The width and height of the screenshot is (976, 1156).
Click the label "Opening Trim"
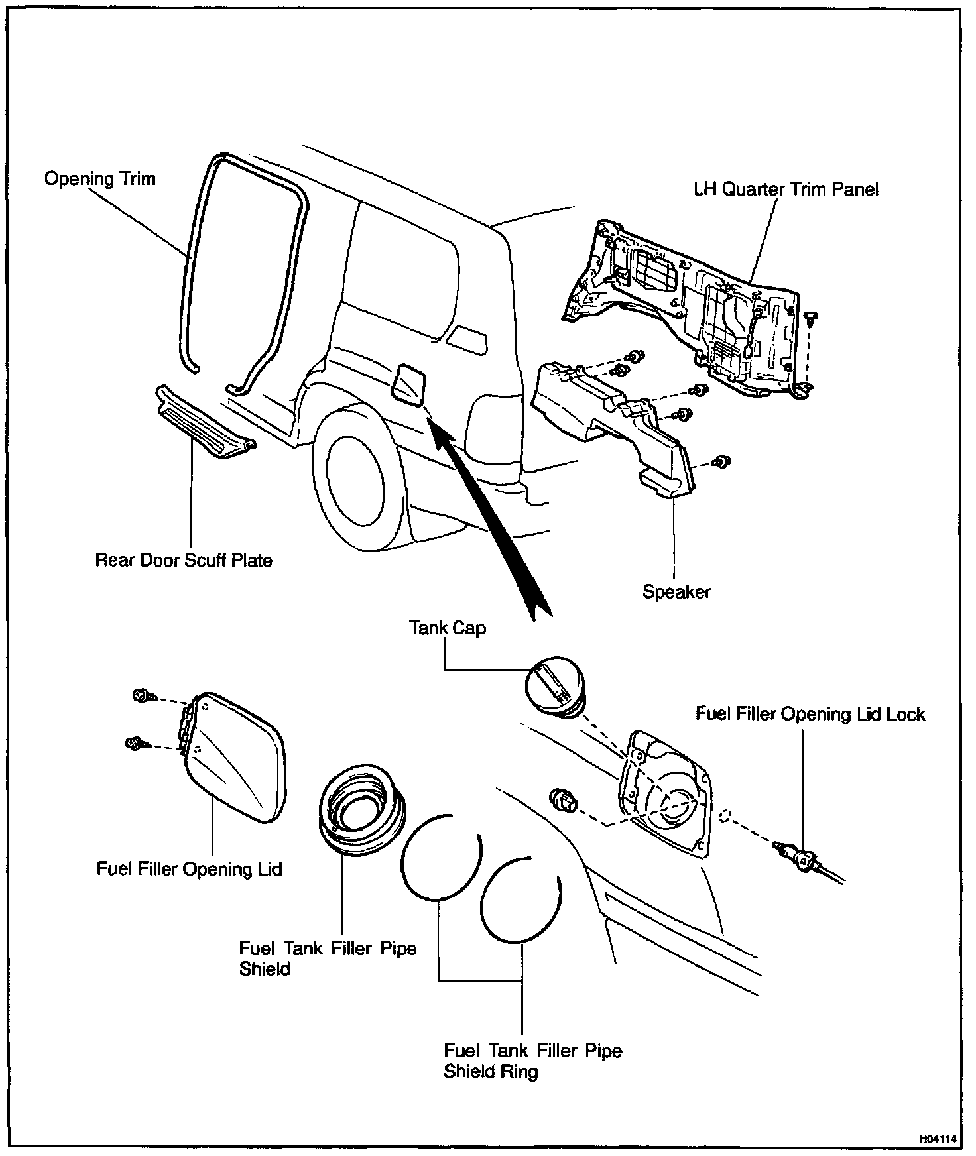[x=99, y=179]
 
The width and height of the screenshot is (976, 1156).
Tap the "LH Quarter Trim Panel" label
[x=786, y=190]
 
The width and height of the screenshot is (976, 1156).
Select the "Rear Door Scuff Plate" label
[x=184, y=560]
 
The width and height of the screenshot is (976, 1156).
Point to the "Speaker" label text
[x=676, y=591]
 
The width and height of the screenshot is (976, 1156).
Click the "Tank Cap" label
[x=448, y=628]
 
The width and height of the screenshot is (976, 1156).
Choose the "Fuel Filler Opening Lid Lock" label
[x=810, y=714]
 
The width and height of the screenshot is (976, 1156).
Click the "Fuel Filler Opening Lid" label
[x=190, y=868]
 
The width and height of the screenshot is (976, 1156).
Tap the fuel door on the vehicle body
[x=408, y=385]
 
